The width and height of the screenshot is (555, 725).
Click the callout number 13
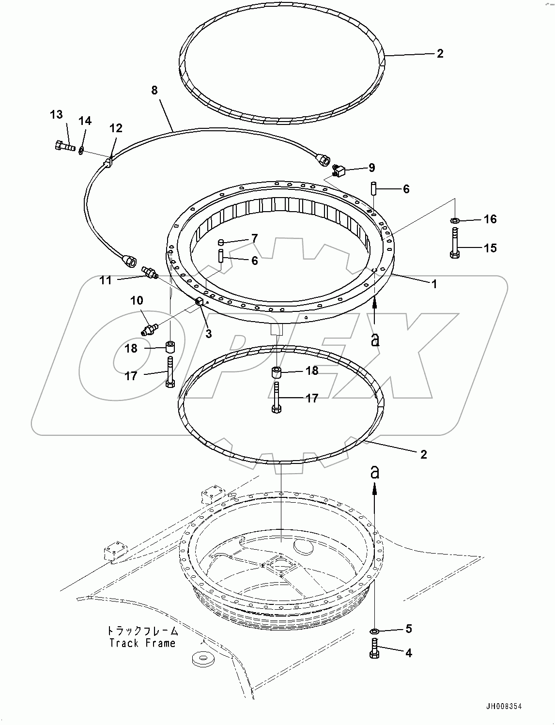[x=57, y=114]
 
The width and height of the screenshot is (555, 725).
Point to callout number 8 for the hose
[x=154, y=90]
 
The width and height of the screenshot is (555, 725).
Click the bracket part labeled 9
[x=339, y=170]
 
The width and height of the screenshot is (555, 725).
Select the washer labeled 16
[x=455, y=221]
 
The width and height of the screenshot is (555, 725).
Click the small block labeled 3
[x=199, y=303]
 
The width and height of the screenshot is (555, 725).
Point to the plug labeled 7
[x=221, y=242]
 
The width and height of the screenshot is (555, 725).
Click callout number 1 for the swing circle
[x=434, y=284]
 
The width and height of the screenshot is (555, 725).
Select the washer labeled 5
[x=374, y=632]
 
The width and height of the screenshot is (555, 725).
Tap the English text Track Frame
[x=142, y=643]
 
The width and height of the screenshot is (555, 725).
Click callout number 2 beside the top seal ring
[x=439, y=53]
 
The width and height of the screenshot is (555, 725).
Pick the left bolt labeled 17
[x=170, y=372]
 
